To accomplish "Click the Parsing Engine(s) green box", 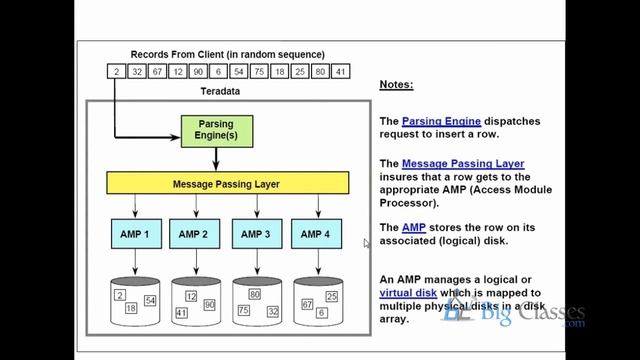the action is pyautogui.click(x=217, y=131).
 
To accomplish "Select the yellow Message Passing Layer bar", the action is pyautogui.click(x=228, y=183).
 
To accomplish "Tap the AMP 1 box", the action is pyautogui.click(x=136, y=234).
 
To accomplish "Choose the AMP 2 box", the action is pyautogui.click(x=195, y=234).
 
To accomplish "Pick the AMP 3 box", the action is pyautogui.click(x=257, y=234).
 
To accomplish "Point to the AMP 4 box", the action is pyautogui.click(x=316, y=234).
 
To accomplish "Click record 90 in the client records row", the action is pyautogui.click(x=198, y=71).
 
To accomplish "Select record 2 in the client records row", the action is pyautogui.click(x=116, y=71).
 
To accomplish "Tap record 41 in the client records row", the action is pyautogui.click(x=340, y=71).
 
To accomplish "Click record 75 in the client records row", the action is pyautogui.click(x=259, y=71).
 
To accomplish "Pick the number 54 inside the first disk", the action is pyautogui.click(x=150, y=300).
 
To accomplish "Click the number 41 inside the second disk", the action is pyautogui.click(x=182, y=313).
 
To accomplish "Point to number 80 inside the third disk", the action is pyautogui.click(x=255, y=294).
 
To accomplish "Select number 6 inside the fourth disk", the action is pyautogui.click(x=322, y=313).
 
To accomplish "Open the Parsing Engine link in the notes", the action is pyautogui.click(x=441, y=121).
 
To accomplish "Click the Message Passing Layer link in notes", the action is pyautogui.click(x=463, y=164).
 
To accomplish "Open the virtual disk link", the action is pyautogui.click(x=408, y=293).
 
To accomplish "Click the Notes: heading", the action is pyautogui.click(x=396, y=84).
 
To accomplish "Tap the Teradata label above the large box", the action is pyautogui.click(x=220, y=91).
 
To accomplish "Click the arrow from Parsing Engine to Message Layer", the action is pyautogui.click(x=216, y=159).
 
